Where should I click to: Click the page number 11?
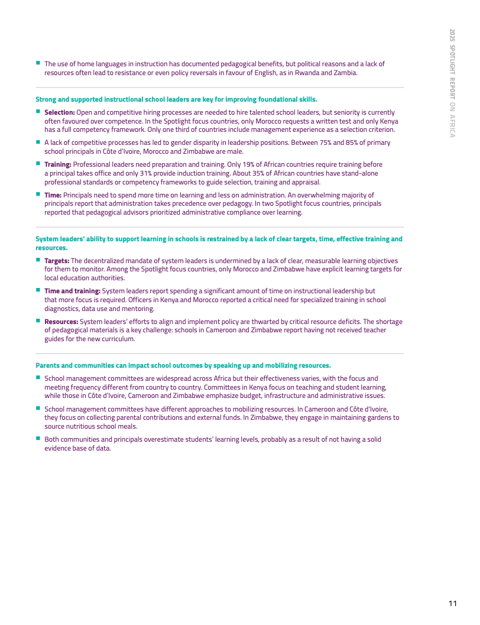coord(452,603)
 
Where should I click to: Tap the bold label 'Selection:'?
coord(59,112)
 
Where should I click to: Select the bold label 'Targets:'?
coord(57,261)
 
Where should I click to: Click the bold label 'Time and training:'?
coord(72,291)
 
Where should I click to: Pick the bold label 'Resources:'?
coord(61,322)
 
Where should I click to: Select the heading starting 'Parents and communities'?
coord(183,365)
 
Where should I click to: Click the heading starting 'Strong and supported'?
coord(176,99)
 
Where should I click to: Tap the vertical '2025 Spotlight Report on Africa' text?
coord(452,83)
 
